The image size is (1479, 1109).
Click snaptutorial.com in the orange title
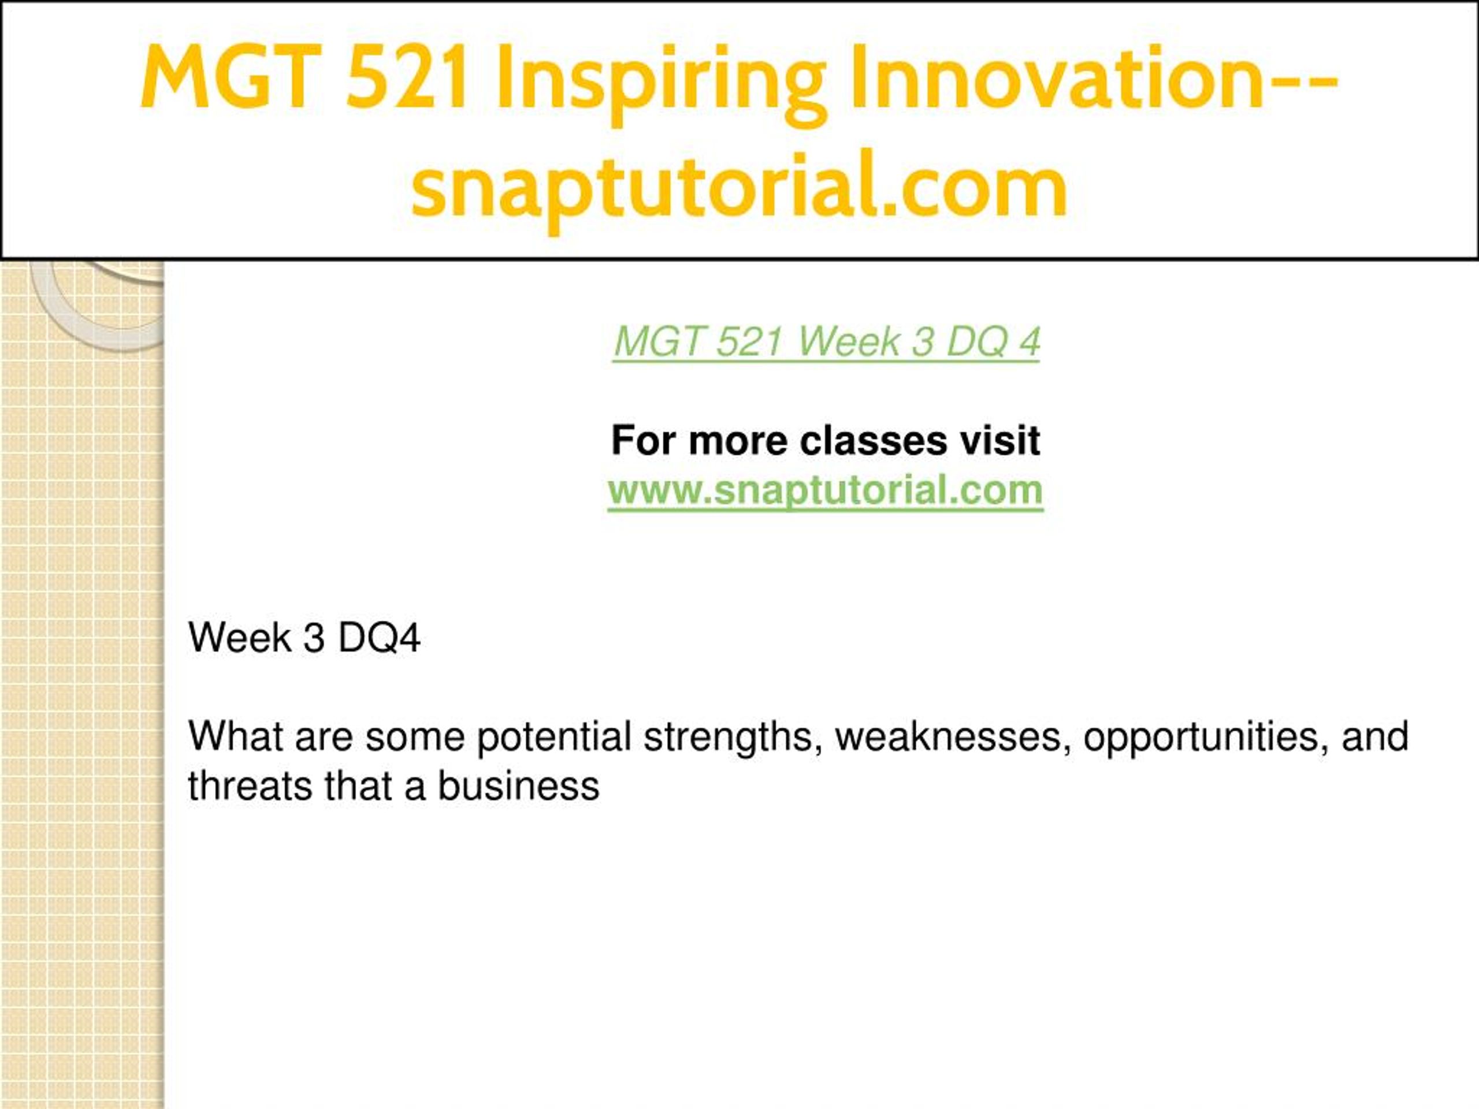pyautogui.click(x=739, y=187)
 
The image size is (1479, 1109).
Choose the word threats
pyautogui.click(x=250, y=786)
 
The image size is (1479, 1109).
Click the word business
pyautogui.click(x=519, y=786)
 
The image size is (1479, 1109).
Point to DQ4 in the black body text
pyautogui.click(x=379, y=638)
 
